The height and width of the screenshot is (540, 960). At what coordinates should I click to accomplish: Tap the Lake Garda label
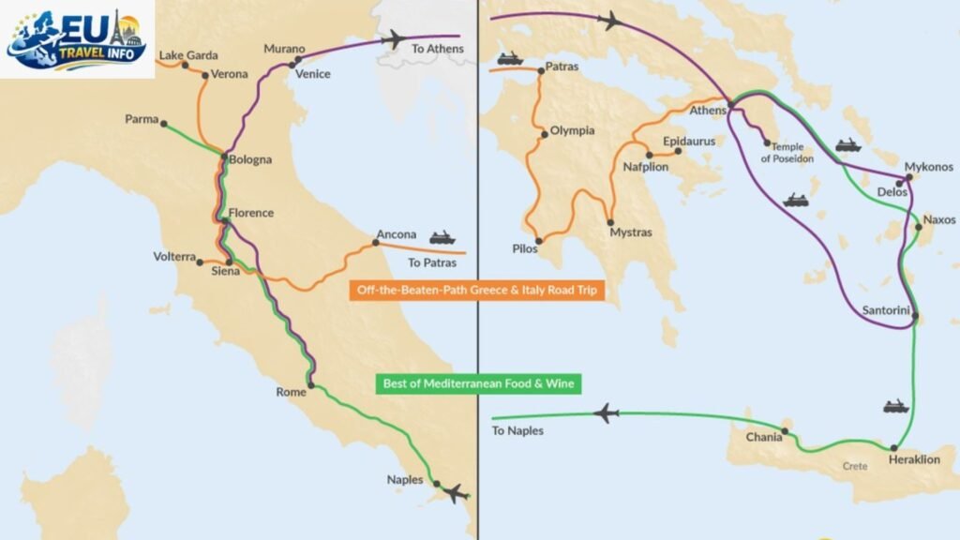click(x=187, y=55)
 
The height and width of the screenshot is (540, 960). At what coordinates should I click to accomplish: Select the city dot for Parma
click(x=163, y=123)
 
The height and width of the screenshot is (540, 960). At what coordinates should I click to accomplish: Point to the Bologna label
click(x=250, y=159)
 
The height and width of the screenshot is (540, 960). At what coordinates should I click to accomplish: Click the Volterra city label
click(x=174, y=257)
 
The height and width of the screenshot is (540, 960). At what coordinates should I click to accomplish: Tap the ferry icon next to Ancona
click(x=442, y=238)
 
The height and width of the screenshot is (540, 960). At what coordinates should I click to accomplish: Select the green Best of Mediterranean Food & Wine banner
click(x=477, y=382)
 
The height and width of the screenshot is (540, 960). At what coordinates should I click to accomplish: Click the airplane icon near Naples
click(x=456, y=492)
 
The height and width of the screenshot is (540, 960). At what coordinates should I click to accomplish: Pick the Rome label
click(x=291, y=392)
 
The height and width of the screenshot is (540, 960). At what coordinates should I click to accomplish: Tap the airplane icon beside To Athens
click(x=394, y=39)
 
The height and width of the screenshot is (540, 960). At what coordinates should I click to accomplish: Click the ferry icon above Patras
click(x=509, y=58)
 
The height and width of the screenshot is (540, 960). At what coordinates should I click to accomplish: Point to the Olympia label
click(x=572, y=131)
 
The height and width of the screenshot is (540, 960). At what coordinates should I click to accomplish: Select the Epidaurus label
click(x=688, y=142)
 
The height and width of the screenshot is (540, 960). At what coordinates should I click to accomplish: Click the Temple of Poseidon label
click(x=787, y=153)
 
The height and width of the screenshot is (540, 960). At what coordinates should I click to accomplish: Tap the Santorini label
click(x=883, y=309)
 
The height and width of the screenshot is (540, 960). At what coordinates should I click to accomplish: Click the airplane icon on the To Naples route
click(x=607, y=412)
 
